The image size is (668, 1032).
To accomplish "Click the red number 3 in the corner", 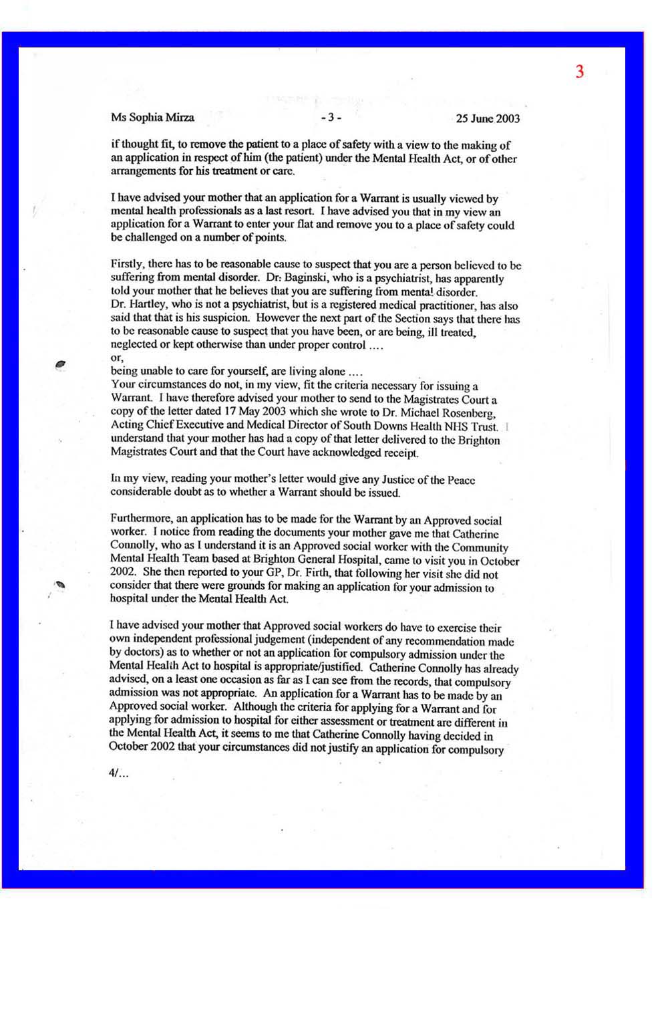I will coord(579,72).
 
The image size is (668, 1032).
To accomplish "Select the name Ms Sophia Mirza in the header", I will coord(152,118).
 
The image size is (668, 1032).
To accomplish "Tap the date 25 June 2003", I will coord(488,119).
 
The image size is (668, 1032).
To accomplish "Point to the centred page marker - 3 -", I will coord(331,118).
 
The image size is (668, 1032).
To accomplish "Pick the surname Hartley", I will coord(147,305).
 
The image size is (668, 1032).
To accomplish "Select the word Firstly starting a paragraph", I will coord(128,265).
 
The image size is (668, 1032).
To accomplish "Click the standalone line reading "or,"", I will coord(117,358).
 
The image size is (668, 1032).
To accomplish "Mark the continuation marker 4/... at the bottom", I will coord(118,773).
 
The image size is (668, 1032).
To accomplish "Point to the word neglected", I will coord(134,345).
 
